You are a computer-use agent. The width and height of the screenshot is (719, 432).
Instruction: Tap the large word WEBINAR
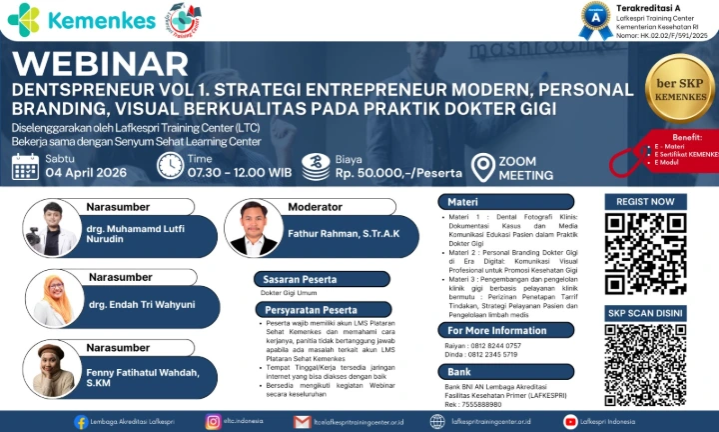click(101, 63)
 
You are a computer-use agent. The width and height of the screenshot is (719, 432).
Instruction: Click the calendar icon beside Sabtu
click(25, 166)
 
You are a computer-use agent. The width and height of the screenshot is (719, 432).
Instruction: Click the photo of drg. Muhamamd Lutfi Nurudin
click(49, 228)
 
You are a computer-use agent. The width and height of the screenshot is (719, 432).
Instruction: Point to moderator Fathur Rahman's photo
click(253, 228)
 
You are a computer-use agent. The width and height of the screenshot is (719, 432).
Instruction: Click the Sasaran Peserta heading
click(297, 279)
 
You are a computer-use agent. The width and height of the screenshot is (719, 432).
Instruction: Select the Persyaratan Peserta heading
click(312, 310)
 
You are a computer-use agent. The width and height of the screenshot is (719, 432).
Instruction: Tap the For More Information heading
click(510, 330)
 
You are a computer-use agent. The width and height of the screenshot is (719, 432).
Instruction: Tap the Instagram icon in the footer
click(213, 421)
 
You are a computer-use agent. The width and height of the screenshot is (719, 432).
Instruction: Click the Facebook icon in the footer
click(80, 421)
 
